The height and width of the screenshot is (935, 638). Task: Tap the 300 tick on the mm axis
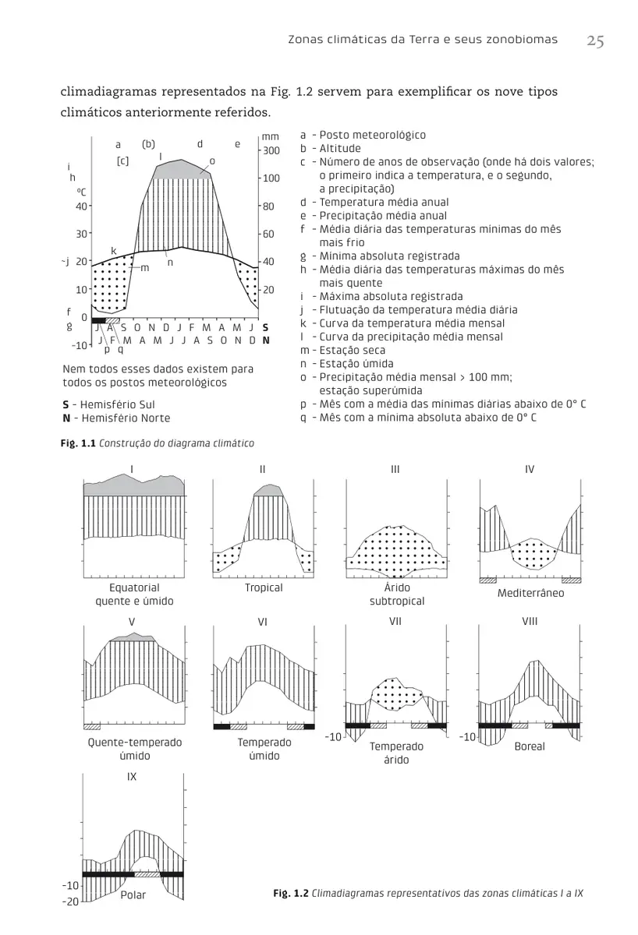pyautogui.click(x=271, y=150)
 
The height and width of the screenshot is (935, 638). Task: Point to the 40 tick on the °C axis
pyautogui.click(x=80, y=206)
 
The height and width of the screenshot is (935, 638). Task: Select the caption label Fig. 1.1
pyautogui.click(x=79, y=443)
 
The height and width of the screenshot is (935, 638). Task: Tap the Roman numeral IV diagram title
pyautogui.click(x=530, y=468)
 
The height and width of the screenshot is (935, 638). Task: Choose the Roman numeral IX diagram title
pyautogui.click(x=132, y=777)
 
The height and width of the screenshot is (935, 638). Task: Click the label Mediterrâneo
pyautogui.click(x=530, y=593)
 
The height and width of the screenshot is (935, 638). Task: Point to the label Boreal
pyautogui.click(x=530, y=746)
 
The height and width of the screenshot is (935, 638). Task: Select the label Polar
pyautogui.click(x=133, y=894)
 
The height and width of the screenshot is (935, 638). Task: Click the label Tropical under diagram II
pyautogui.click(x=264, y=587)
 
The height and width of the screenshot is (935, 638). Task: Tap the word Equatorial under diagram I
pyautogui.click(x=134, y=587)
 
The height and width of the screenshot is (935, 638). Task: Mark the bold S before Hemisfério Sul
pyautogui.click(x=66, y=405)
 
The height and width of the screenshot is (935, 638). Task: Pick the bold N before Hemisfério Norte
pyautogui.click(x=66, y=418)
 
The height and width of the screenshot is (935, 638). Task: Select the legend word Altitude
pyautogui.click(x=340, y=148)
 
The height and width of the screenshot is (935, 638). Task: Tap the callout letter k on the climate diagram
pyautogui.click(x=113, y=250)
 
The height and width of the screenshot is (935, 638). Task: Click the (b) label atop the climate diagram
pyautogui.click(x=149, y=144)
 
